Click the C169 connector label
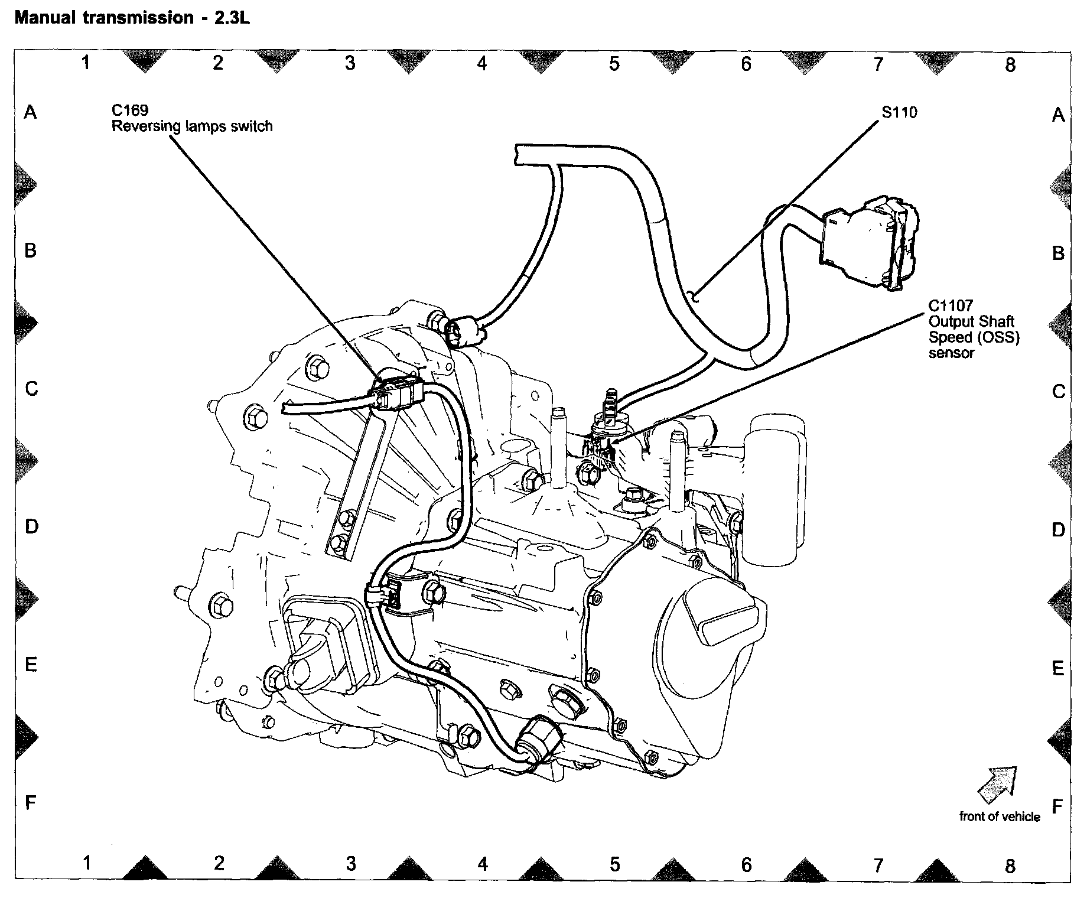click(x=130, y=110)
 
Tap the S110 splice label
click(x=899, y=112)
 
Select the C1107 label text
click(x=950, y=305)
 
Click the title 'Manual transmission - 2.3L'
click(x=132, y=18)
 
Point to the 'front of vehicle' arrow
click(x=998, y=784)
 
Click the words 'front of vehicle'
click(x=1000, y=816)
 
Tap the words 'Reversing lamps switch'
click(x=192, y=126)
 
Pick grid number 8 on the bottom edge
click(x=1010, y=866)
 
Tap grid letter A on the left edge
click(x=30, y=112)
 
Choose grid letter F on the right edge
click(x=1057, y=806)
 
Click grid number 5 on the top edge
click(x=614, y=63)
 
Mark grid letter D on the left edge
click(x=31, y=526)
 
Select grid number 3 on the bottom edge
click(x=351, y=864)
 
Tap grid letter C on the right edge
click(x=1057, y=391)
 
